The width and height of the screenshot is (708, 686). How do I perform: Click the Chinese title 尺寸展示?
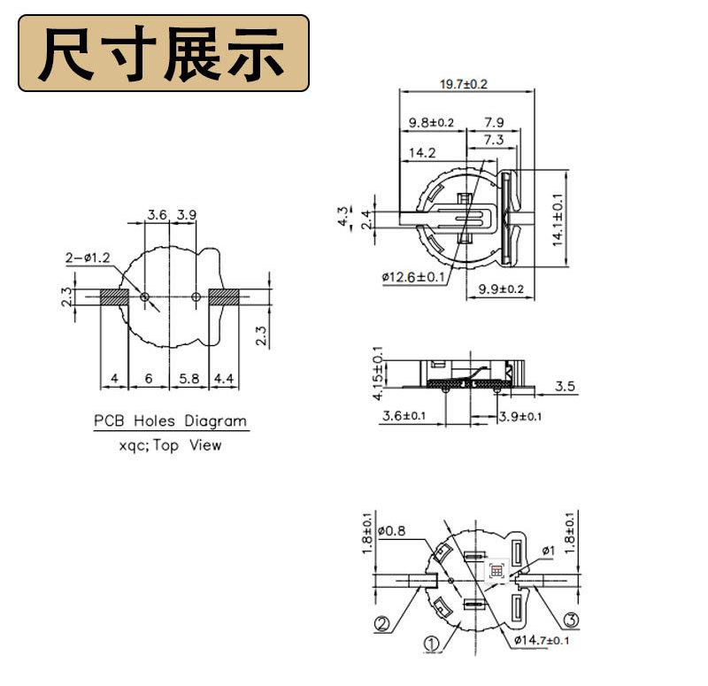coord(164,54)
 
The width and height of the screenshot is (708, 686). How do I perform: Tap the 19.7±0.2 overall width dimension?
coord(464,83)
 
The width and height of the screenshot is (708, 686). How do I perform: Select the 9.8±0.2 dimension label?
coord(431,122)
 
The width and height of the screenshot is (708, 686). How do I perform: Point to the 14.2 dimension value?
coord(421,153)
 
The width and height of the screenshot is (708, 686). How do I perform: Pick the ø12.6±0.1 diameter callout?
coord(414,277)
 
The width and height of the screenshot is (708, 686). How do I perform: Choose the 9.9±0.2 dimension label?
coord(501,289)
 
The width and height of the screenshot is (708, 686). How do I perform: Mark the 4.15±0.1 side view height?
coord(379,374)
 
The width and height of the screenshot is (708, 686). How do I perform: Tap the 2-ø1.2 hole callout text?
coord(87,258)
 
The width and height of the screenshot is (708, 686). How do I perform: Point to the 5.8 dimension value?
coord(189,379)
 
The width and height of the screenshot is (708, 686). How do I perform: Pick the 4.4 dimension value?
coord(225,379)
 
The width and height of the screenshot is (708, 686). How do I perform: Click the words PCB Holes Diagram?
coord(171,420)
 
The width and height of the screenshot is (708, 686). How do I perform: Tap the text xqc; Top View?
coord(170,446)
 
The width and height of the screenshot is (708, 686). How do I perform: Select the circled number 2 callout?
coord(381,625)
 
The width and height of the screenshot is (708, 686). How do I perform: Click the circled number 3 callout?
coord(571,620)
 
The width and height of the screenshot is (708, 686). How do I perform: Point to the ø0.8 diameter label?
coord(390,531)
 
